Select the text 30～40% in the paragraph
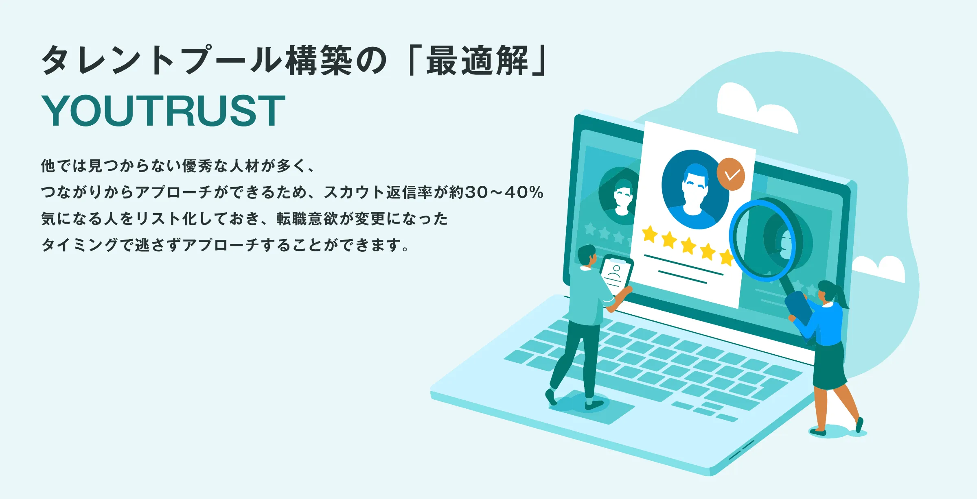pyautogui.click(x=504, y=192)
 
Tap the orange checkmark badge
pyautogui.click(x=731, y=174)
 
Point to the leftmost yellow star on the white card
pyautogui.click(x=650, y=234)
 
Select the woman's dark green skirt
pyautogui.click(x=830, y=366)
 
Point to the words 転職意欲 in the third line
pyautogui.click(x=307, y=219)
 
